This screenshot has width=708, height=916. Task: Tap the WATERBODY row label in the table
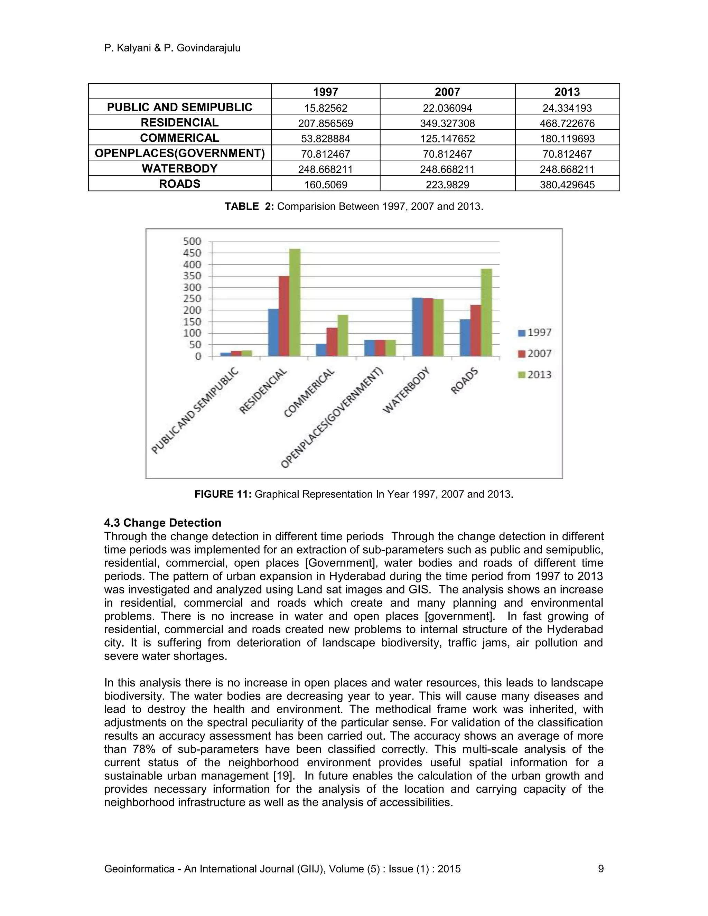[x=179, y=169]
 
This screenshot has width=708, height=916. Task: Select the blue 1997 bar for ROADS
[x=465, y=338]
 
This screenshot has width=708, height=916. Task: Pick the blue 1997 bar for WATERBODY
[x=417, y=327]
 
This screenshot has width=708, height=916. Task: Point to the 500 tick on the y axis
[x=192, y=242]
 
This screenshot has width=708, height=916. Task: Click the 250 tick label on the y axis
[x=192, y=299]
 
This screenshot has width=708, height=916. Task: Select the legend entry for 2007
[x=535, y=354]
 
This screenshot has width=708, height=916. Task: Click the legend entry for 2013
[x=535, y=375]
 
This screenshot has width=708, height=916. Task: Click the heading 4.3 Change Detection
[x=163, y=523]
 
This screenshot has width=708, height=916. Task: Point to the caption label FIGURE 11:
[x=223, y=494]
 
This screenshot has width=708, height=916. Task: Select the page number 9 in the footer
[x=600, y=869]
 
